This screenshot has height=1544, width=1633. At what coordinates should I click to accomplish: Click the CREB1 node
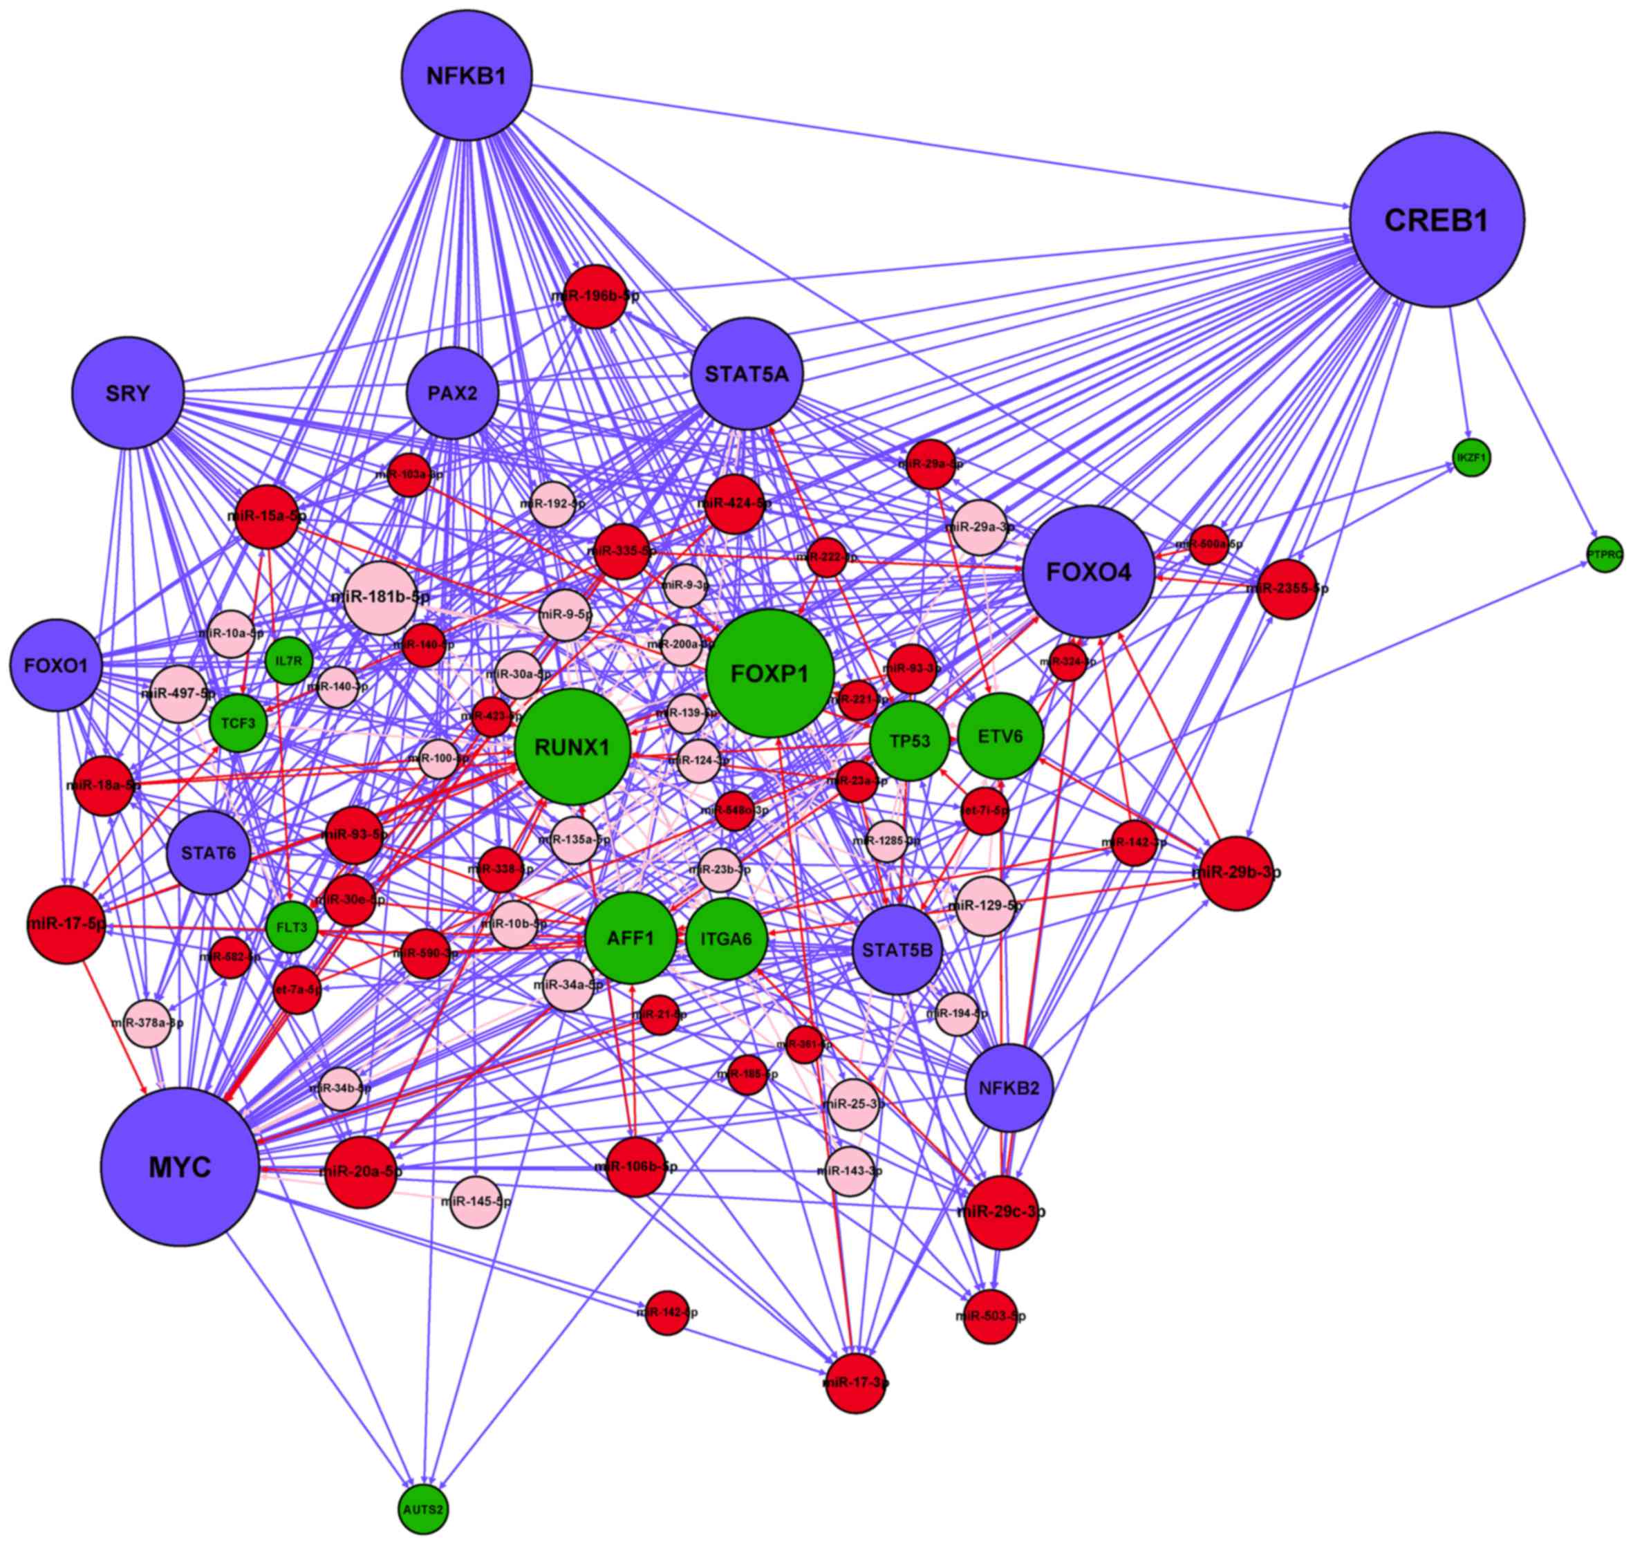[1436, 221]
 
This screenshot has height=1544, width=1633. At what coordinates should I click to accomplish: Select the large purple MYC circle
[180, 1166]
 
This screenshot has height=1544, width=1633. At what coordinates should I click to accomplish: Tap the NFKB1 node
[467, 76]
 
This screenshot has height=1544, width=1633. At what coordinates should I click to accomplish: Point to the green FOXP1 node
[769, 674]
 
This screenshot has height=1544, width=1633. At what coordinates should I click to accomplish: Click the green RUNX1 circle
[573, 747]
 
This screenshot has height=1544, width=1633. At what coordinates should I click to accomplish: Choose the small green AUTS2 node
[424, 1509]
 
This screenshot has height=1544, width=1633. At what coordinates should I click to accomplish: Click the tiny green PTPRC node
[1605, 555]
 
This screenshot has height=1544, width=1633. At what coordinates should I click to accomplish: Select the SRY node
[128, 393]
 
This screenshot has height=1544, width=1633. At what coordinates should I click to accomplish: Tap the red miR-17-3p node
[857, 1382]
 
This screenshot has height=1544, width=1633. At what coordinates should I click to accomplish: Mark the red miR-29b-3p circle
[1237, 873]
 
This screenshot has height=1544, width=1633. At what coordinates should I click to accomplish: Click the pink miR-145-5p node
[476, 1202]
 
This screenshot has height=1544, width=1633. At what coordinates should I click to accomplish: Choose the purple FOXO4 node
[1088, 571]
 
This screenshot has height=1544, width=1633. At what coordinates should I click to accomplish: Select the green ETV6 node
[1001, 736]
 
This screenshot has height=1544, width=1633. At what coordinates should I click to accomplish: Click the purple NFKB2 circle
[1008, 1088]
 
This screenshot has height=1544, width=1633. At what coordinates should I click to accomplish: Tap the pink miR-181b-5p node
[380, 597]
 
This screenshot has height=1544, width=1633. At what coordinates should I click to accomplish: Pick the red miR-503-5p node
[990, 1316]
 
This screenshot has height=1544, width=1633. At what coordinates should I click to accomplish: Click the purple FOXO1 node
[55, 664]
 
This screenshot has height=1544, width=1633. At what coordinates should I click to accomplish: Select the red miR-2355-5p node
[1287, 588]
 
